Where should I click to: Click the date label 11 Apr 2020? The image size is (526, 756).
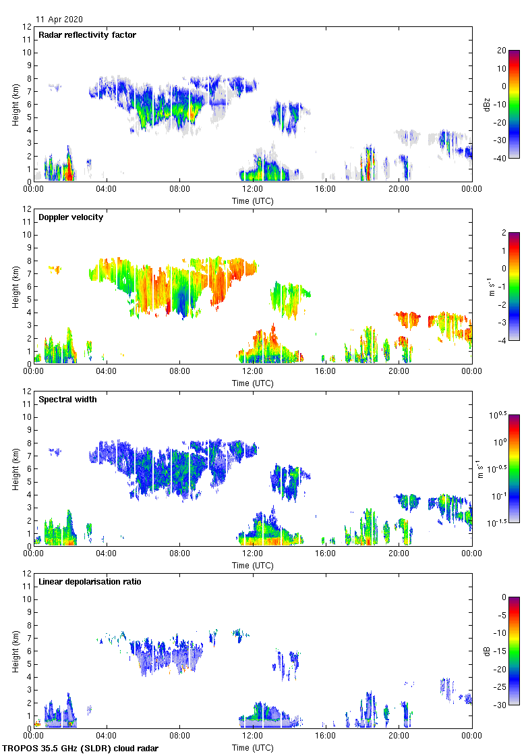coord(59,20)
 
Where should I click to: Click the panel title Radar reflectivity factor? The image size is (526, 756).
coord(88,35)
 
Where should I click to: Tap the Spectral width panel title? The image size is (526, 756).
coord(69,400)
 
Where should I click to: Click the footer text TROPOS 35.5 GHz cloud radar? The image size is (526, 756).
coord(81,749)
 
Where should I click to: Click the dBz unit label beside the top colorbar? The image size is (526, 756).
coord(488,105)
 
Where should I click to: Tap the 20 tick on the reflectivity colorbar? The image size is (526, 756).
coord(502,51)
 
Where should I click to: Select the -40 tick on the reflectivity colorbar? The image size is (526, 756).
coord(501,159)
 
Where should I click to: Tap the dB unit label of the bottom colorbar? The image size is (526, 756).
coord(488,651)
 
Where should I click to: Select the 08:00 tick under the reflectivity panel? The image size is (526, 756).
coord(179,189)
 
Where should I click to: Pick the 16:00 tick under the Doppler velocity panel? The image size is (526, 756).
coord(326,371)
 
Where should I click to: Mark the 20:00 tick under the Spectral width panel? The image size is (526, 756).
coord(399,553)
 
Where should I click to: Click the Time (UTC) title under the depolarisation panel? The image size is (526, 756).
coord(253,747)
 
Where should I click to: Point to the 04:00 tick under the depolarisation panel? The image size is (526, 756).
coord(107,736)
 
